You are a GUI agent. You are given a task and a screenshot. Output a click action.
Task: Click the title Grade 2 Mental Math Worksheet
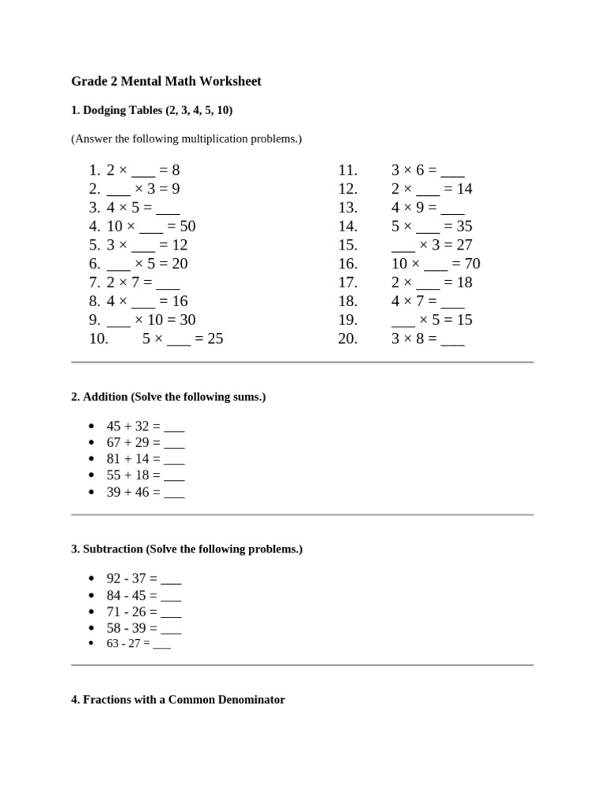click(x=166, y=81)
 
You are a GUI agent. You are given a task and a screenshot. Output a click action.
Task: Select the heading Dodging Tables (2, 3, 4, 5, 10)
click(x=151, y=110)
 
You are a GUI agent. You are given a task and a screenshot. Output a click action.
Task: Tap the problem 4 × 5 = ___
click(x=143, y=208)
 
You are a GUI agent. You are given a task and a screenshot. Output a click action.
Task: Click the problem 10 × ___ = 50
click(x=151, y=227)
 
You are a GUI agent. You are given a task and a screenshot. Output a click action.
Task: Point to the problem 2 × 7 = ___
click(x=143, y=283)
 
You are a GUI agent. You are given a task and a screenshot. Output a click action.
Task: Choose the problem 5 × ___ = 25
click(x=183, y=339)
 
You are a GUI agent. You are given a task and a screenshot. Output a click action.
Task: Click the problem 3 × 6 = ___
click(x=428, y=170)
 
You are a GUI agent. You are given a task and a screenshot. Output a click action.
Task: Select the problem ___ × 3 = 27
click(x=432, y=245)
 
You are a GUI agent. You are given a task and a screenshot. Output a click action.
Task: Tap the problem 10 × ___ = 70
click(x=436, y=264)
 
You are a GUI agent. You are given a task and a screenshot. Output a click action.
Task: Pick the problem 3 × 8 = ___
click(x=428, y=339)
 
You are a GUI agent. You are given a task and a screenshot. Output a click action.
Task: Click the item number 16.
click(x=347, y=264)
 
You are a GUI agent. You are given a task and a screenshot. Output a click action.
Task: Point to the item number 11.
click(x=347, y=170)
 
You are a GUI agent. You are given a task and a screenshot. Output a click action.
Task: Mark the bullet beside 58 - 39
click(x=91, y=628)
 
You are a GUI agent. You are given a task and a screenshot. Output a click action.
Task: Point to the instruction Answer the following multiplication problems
click(x=186, y=139)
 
